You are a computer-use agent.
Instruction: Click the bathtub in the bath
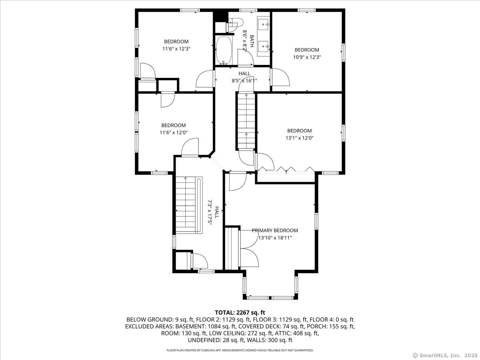[224, 50]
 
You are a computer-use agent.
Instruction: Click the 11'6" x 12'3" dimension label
[176, 49]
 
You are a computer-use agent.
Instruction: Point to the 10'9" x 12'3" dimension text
[307, 57]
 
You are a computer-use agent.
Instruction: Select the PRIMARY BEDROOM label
[275, 230]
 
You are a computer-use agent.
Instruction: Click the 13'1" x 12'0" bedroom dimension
[300, 138]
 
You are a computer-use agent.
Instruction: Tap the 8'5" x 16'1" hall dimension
[244, 81]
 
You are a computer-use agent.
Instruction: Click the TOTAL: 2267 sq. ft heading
[240, 312]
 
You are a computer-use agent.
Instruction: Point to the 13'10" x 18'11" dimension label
[275, 238]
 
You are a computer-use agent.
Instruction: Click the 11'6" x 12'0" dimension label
[174, 132]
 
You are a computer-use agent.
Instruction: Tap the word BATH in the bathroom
[252, 41]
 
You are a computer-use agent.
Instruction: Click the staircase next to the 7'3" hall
[189, 205]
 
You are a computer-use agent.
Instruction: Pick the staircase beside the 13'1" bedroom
[246, 121]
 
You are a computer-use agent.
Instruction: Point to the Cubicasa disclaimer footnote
[240, 350]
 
